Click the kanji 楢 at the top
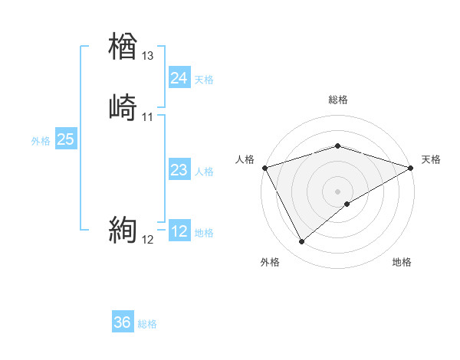123,47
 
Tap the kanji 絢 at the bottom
123,231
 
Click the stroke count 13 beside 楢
148,56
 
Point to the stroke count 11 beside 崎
148,117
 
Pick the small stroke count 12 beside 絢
148,240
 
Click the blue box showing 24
179,78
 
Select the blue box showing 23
179,170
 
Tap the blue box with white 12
179,231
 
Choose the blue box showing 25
65,139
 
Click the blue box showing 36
122,322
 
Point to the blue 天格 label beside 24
204,80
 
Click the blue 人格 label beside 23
204,172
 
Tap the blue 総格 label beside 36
147,324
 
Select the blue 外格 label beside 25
40,141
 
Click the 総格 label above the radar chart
337,100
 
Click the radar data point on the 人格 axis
264,168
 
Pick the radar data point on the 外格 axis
301,241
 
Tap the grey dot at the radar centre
337,191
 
